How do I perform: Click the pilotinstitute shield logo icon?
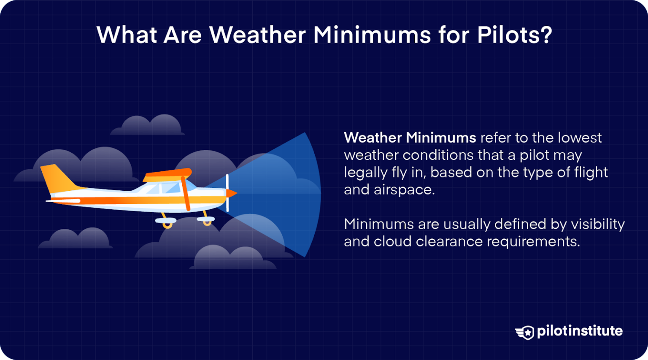(x=525, y=332)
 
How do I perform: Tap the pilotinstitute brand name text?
(x=580, y=331)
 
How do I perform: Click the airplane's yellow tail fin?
(x=57, y=177)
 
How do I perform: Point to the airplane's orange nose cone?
(x=232, y=193)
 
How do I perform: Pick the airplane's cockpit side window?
(x=171, y=188)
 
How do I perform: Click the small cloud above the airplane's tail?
(x=148, y=126)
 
